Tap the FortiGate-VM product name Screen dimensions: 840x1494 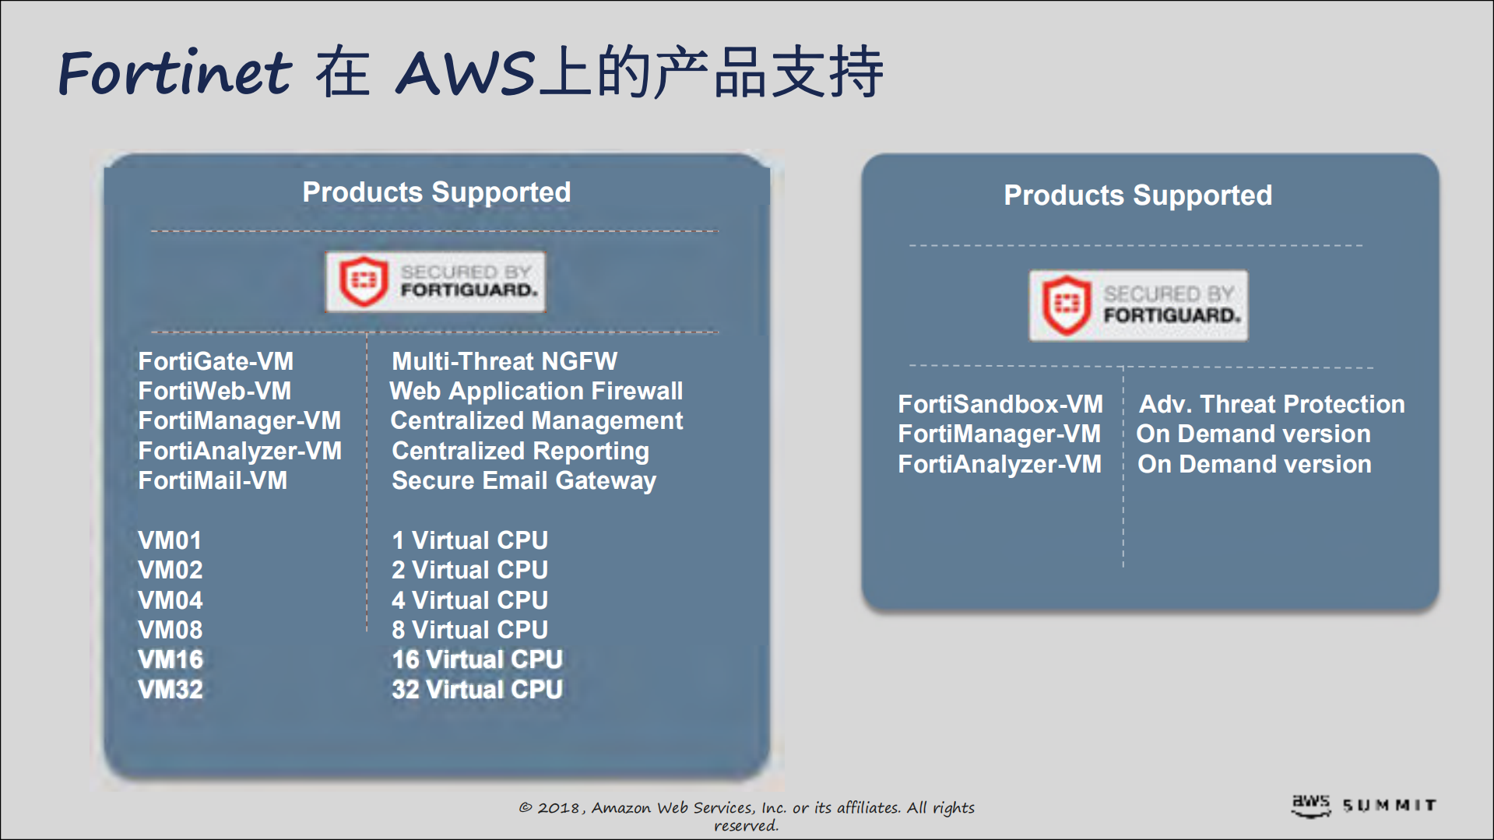216,361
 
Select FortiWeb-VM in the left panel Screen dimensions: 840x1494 214,391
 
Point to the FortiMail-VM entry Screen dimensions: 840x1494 213,480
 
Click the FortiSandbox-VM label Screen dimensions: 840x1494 1000,404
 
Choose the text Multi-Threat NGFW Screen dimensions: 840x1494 504,361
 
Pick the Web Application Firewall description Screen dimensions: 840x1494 536,391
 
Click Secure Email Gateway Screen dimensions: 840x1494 523,480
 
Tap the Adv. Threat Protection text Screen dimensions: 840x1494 1271,404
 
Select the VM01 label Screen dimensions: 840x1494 170,540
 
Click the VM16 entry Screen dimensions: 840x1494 170,659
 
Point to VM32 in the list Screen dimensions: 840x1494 170,690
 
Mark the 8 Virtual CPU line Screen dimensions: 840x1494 469,630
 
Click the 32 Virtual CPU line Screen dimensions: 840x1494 476,690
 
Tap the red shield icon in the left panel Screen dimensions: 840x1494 363,280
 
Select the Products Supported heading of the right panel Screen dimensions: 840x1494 1137,195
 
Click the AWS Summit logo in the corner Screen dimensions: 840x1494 1363,806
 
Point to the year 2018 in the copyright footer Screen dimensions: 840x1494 558,808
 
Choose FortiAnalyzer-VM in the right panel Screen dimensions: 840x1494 1000,464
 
